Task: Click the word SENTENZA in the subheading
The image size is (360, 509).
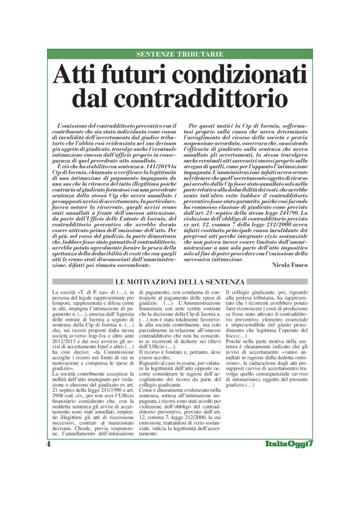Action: coord(223,282)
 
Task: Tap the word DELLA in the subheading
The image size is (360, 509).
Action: coord(192,282)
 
